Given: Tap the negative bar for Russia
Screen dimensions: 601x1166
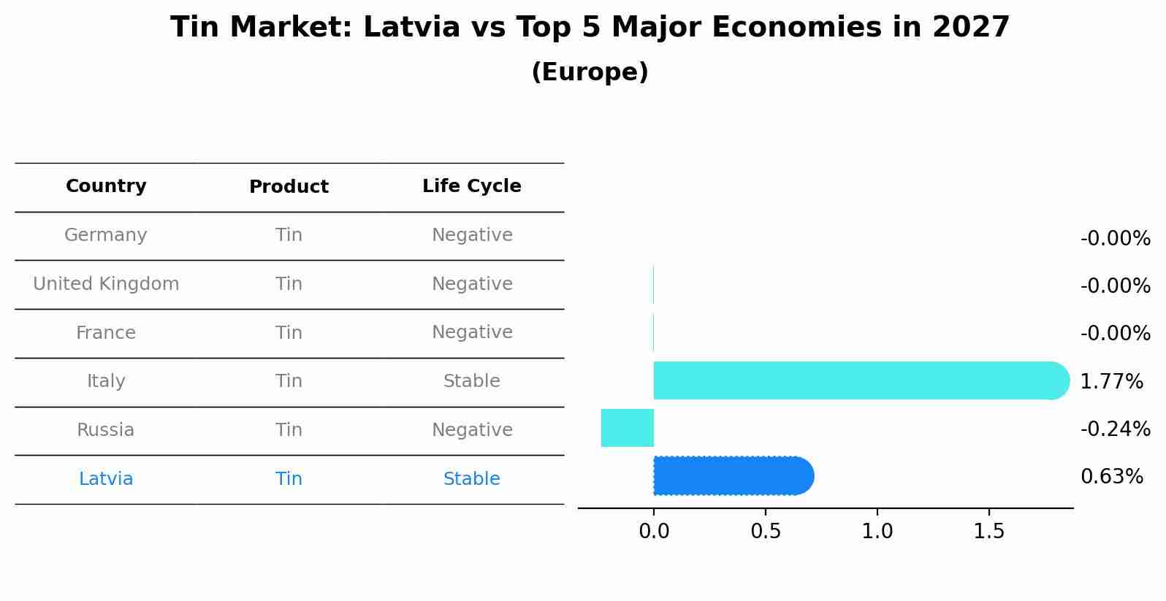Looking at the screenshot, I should click(x=628, y=428).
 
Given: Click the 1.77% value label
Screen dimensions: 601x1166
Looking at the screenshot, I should click(x=1111, y=381).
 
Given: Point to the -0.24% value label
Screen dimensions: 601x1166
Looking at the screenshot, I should click(x=1115, y=429).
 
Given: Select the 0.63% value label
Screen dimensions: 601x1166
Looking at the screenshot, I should click(x=1111, y=477).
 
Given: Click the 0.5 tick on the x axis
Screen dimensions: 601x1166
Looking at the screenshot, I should click(x=766, y=532).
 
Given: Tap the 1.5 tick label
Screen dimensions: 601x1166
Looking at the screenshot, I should click(x=989, y=532).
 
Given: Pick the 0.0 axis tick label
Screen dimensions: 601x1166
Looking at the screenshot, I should click(x=654, y=532).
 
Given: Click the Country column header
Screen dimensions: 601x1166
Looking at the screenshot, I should click(x=106, y=186).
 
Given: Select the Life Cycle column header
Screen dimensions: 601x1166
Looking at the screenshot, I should click(x=471, y=186).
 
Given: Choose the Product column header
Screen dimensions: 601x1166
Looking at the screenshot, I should click(x=289, y=187).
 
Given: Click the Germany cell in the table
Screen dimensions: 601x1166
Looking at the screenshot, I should click(x=106, y=235).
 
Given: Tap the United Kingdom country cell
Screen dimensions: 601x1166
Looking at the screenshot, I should click(x=106, y=284).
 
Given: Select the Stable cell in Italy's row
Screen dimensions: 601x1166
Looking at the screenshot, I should click(x=471, y=381).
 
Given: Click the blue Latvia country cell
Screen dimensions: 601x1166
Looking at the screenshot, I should click(x=106, y=479).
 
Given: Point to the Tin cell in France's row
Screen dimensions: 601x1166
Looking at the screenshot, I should click(x=289, y=333).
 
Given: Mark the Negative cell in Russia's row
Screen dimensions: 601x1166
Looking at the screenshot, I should click(x=471, y=430).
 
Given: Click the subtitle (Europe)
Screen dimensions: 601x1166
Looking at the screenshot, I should click(x=590, y=72).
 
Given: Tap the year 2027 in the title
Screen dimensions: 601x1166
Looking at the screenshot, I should click(x=971, y=28).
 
